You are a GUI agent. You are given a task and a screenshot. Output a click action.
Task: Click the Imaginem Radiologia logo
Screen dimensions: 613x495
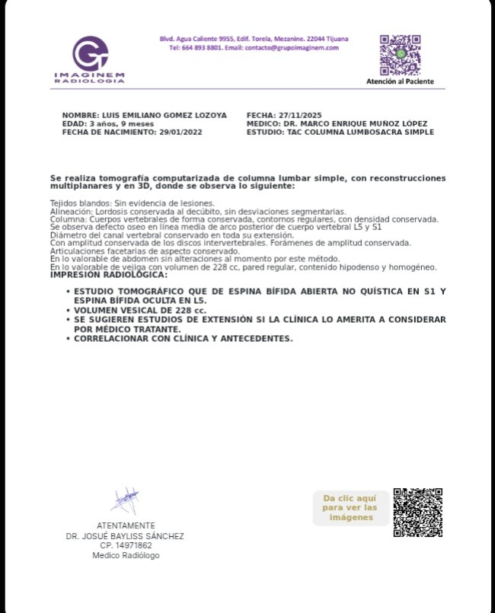coord(90,59)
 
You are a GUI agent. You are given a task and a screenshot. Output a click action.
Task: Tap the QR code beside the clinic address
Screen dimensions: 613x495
coord(400,54)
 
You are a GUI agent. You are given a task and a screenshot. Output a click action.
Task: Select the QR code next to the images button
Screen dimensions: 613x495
coord(417,512)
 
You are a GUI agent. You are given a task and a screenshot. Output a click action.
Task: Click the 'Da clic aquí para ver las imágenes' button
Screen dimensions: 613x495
coord(350,508)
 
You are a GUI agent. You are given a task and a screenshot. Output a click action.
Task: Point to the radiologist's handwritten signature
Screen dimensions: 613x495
coord(124,501)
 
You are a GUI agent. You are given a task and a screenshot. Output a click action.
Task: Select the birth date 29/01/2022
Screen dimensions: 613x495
coord(182,132)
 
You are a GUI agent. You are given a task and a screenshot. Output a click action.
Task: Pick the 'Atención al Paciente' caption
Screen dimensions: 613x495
coord(400,81)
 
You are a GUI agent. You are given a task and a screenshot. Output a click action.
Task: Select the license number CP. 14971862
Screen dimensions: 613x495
coord(125,545)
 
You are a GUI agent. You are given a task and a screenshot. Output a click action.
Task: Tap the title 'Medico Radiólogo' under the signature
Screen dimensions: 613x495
coord(126,555)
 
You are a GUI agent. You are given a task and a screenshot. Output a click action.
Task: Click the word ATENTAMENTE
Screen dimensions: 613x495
coord(126,525)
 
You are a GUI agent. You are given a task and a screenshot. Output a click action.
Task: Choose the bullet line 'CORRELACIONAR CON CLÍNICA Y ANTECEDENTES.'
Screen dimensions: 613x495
coord(183,338)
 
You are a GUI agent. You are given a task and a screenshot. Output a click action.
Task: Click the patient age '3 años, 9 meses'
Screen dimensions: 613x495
coord(122,123)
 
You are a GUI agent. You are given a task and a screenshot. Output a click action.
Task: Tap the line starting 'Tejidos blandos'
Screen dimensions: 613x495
coord(132,203)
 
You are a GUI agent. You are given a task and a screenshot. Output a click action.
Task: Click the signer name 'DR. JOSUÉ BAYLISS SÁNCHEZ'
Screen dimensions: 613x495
coord(125,535)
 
